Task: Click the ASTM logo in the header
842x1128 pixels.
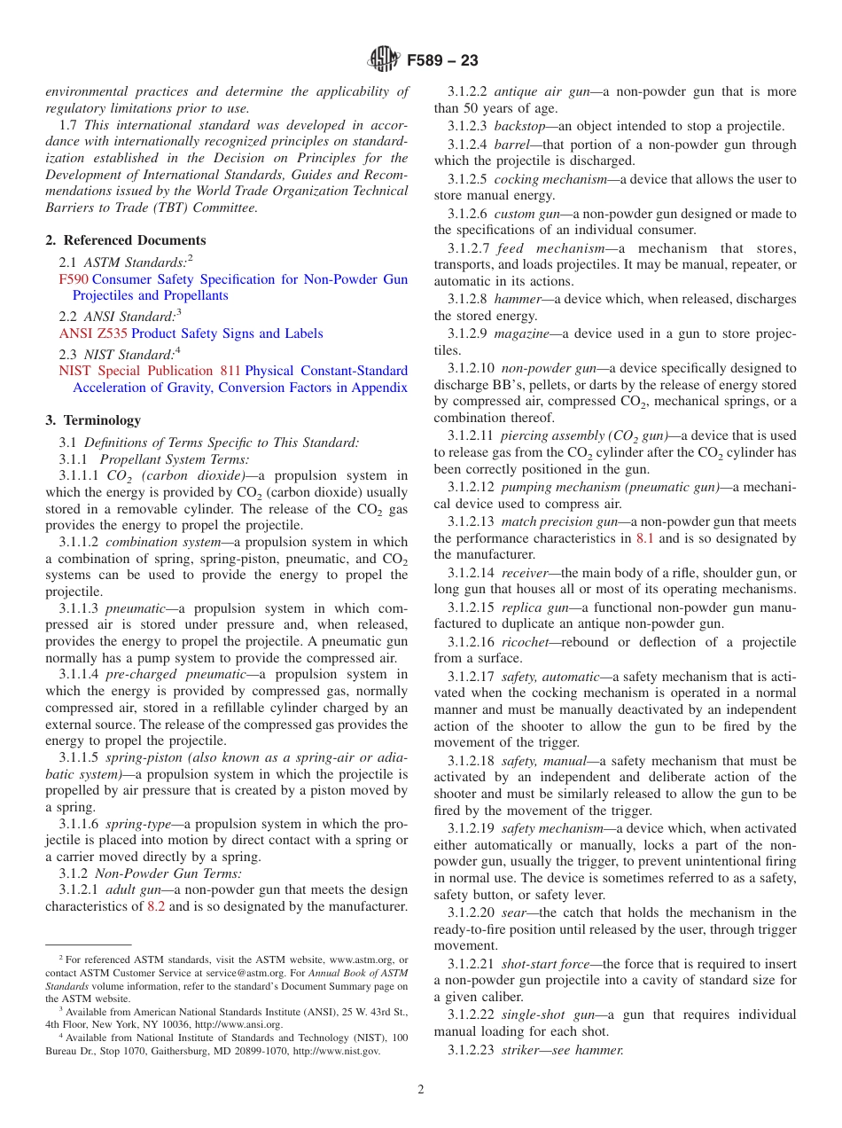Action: (x=384, y=60)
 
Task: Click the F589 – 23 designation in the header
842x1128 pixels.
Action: (x=442, y=60)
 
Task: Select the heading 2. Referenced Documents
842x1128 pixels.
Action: (x=126, y=240)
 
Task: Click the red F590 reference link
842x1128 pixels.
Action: (x=74, y=279)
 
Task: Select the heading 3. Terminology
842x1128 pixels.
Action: (x=93, y=420)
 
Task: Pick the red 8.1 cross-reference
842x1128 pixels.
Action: (x=645, y=538)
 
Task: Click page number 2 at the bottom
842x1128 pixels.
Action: (x=421, y=1090)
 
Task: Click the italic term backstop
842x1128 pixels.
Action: (x=519, y=126)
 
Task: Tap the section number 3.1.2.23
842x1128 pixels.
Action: (x=471, y=1049)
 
